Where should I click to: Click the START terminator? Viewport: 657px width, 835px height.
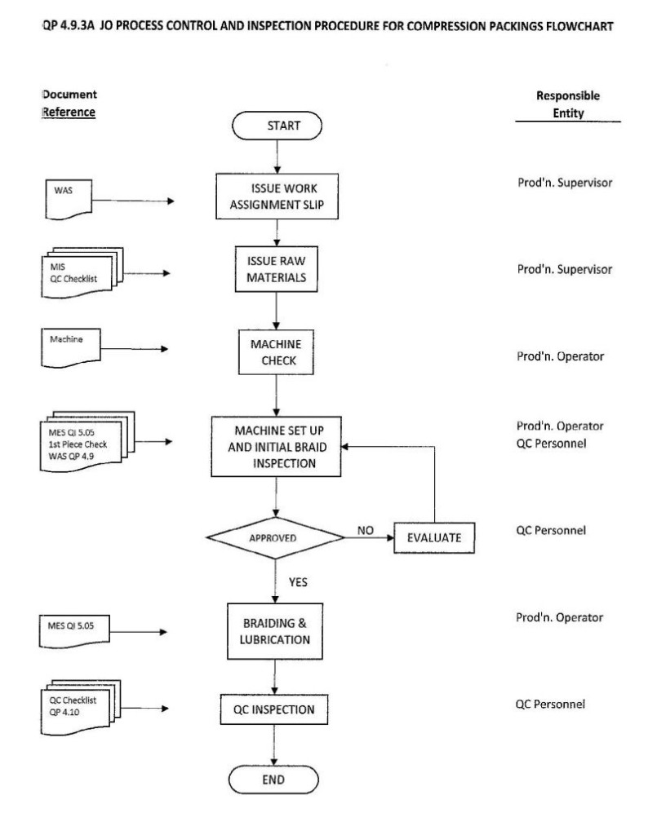click(277, 126)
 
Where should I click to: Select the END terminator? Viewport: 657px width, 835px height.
click(273, 780)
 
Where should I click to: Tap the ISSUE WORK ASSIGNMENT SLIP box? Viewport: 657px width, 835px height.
click(277, 196)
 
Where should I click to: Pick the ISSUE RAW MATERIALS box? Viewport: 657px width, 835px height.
click(276, 269)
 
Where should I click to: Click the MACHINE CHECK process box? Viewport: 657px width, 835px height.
click(276, 352)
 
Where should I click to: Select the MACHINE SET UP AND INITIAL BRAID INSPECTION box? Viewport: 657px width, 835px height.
click(276, 446)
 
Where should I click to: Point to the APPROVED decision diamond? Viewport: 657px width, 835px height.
click(275, 538)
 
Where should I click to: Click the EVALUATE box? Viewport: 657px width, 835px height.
click(433, 538)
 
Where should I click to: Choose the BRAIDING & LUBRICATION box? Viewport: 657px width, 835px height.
click(275, 631)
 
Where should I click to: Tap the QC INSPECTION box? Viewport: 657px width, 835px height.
click(274, 709)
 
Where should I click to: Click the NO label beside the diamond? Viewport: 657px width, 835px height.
click(365, 530)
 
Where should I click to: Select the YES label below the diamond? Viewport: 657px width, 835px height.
click(298, 582)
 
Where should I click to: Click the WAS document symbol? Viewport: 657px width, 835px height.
click(69, 199)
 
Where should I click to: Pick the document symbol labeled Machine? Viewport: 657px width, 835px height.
click(71, 347)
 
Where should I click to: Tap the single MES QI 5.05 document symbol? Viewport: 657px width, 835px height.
click(74, 631)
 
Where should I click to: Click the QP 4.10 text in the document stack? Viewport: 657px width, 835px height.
click(64, 712)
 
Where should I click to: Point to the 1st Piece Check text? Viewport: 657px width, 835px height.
click(78, 444)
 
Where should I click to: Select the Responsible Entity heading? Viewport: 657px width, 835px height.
click(568, 104)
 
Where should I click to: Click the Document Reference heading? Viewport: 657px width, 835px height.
click(69, 104)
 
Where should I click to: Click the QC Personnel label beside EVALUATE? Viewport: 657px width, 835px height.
click(551, 530)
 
